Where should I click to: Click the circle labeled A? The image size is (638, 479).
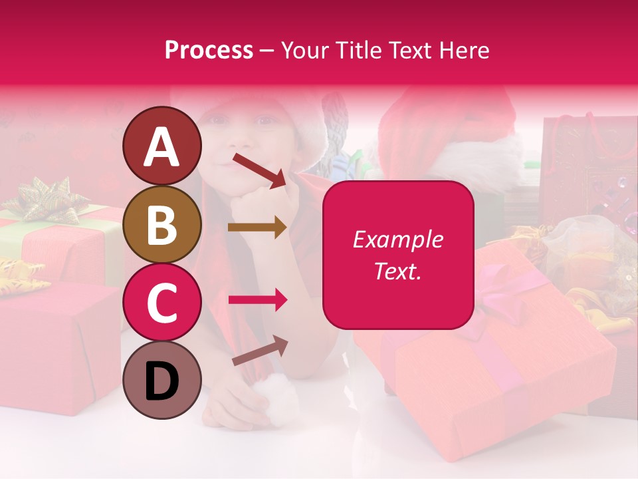point(161,146)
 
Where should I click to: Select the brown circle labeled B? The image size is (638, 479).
point(161,225)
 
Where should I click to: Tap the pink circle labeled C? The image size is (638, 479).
point(161,303)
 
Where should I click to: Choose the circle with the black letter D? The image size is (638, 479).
point(161,380)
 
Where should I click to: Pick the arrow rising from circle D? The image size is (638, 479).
point(259,351)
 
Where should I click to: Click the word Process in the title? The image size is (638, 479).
point(209,50)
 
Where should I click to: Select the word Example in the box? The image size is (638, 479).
point(398,239)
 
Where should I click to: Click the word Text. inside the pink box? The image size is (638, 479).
point(398,271)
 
